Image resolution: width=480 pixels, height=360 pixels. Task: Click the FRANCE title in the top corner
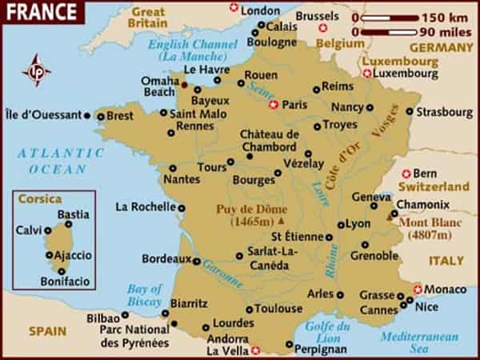coord(40,12)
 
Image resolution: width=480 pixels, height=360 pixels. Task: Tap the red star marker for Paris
coord(274,105)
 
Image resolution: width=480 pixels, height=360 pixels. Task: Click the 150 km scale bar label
coord(445,16)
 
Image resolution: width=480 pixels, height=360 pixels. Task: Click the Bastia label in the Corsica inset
coord(78,214)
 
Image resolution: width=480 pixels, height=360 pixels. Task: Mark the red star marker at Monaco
coord(417,289)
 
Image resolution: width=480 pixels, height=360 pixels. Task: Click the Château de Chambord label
coord(269,141)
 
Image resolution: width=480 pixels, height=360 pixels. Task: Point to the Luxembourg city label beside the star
coord(407,73)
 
